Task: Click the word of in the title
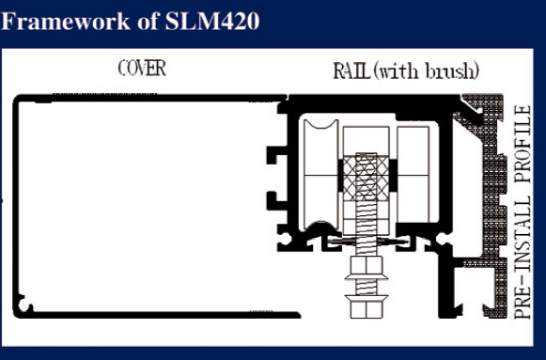pyautogui.click(x=120, y=20)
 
